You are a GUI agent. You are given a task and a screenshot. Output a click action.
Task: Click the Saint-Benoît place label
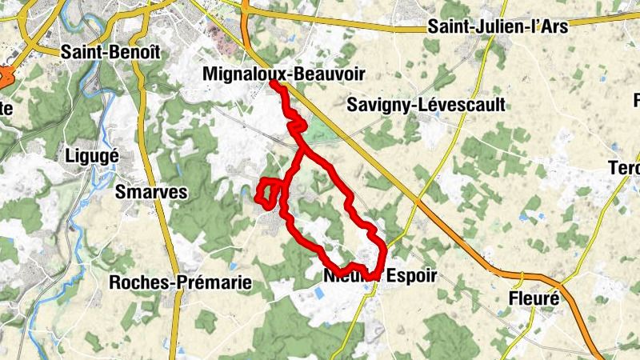coord(111,51)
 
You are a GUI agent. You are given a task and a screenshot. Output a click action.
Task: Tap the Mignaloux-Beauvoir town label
coord(284,74)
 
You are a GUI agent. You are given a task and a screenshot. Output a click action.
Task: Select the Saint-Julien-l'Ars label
coord(497,26)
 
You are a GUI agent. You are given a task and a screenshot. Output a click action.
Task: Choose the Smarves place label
coord(150,192)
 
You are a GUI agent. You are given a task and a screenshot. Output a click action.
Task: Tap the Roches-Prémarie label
coord(181,282)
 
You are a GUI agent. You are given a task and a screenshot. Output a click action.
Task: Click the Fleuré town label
coord(533,299)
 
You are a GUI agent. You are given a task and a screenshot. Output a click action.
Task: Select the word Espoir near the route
coord(413,276)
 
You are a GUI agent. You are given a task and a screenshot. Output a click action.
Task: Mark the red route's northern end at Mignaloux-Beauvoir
coord(273,82)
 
